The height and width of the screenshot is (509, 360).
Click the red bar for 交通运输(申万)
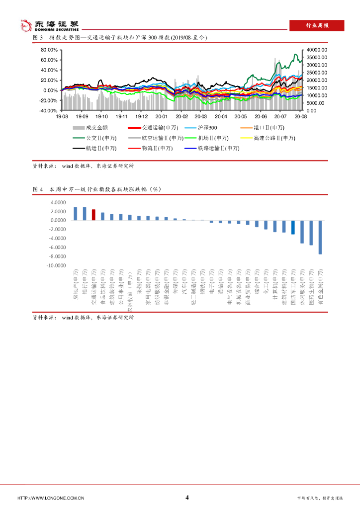pyautogui.click(x=93, y=215)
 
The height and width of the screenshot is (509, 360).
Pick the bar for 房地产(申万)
pyautogui.click(x=76, y=214)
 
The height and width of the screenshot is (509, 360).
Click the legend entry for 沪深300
pyautogui.click(x=204, y=128)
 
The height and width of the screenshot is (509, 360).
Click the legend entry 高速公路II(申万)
pyautogui.click(x=268, y=138)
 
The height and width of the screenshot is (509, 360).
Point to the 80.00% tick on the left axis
pyautogui.click(x=50, y=50)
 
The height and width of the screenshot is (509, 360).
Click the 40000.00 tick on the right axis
pyautogui.click(x=317, y=50)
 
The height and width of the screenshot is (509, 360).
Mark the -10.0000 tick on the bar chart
pyautogui.click(x=56, y=265)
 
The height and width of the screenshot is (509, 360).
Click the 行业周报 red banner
pyautogui.click(x=317, y=26)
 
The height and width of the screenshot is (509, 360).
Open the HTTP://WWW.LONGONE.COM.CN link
pyautogui.click(x=51, y=498)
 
